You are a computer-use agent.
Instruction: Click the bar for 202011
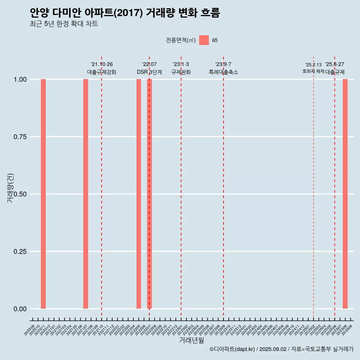point(43,194)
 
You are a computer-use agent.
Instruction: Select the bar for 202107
point(85,194)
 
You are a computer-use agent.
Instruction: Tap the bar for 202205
point(139,194)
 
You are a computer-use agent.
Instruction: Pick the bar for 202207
point(149,194)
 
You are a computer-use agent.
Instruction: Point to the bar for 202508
point(345,194)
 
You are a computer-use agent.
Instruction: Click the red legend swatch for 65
point(204,40)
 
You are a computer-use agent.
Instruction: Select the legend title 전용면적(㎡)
point(181,40)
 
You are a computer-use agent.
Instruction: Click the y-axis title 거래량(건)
point(10,188)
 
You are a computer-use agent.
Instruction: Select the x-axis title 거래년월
point(192,340)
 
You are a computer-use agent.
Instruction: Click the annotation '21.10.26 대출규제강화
point(102,68)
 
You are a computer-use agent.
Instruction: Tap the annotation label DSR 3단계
point(149,72)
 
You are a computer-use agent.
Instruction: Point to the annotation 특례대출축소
point(223,72)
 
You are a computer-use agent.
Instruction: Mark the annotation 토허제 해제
point(313,71)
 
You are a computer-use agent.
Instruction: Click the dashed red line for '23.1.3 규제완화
point(181,187)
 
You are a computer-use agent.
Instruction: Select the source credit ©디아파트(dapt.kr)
point(232,349)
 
